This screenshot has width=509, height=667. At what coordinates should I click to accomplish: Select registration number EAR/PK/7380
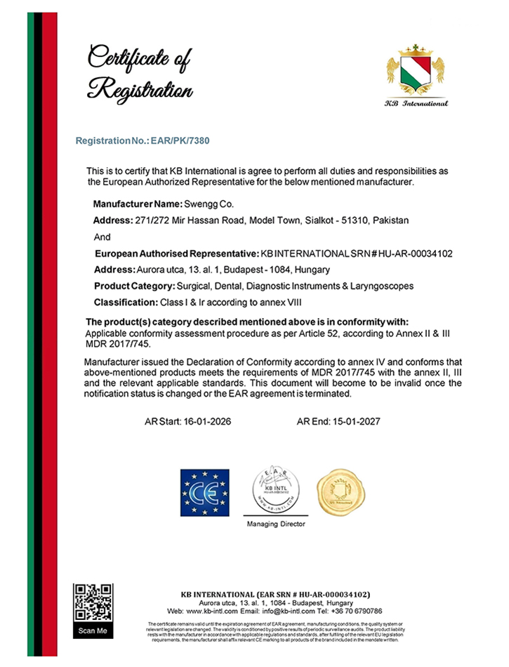coord(180,140)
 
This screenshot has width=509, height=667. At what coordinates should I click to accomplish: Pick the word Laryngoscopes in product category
coord(380,286)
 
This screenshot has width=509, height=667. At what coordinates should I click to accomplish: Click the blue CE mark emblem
coord(205,489)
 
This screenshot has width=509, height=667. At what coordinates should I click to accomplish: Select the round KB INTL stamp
coord(275,489)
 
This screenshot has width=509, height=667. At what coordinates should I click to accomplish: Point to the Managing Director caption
coord(276,524)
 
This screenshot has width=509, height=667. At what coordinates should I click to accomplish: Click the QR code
coord(93,601)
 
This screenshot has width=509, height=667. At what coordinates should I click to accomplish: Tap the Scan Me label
coord(93,630)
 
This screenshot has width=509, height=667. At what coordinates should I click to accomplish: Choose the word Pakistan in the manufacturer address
coord(392,220)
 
